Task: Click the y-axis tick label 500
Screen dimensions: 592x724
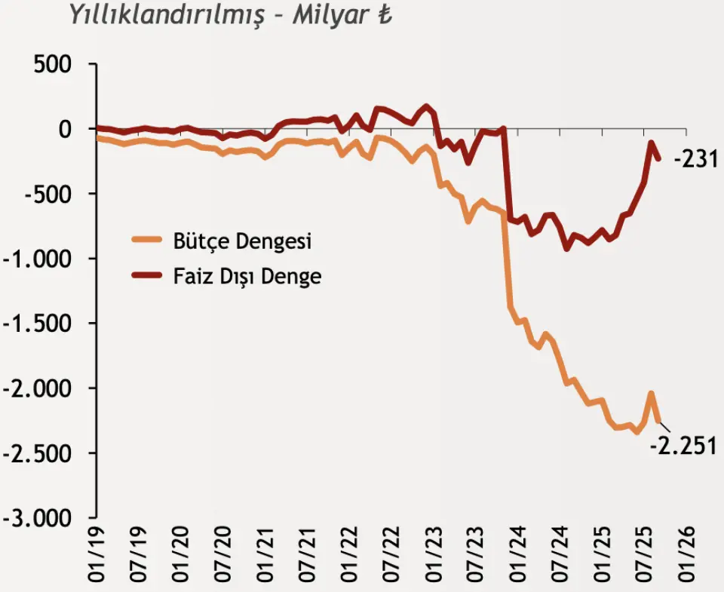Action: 53,65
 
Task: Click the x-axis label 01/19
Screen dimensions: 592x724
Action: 96,554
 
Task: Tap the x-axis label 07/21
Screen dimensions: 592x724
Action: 307,554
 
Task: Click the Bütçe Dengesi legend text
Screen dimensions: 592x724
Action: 242,242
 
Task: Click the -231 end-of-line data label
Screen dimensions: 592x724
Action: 693,160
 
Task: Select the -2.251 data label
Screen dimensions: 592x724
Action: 683,445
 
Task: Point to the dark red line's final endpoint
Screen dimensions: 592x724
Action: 659,158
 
